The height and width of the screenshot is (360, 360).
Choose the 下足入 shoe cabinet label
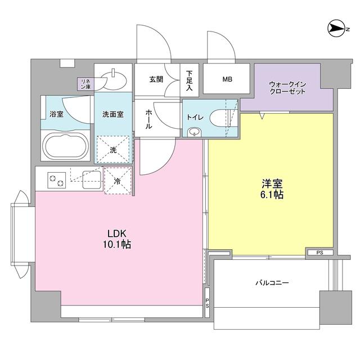(x=189, y=81)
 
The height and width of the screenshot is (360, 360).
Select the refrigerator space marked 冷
(x=117, y=181)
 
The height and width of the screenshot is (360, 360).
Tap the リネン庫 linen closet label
(x=85, y=84)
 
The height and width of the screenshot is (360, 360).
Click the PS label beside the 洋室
(x=318, y=252)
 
